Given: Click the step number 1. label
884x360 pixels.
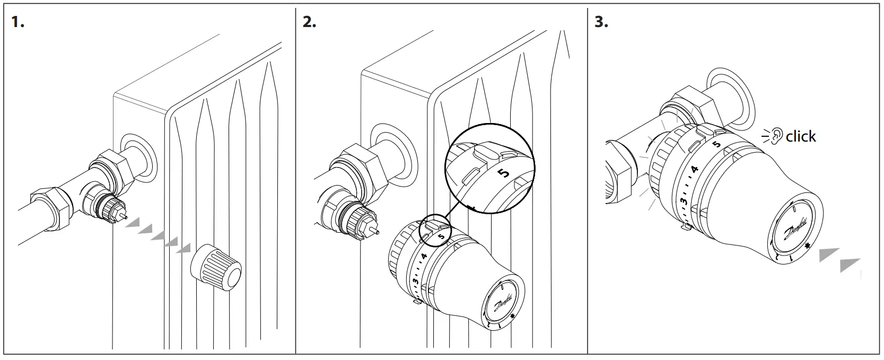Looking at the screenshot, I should (19, 22).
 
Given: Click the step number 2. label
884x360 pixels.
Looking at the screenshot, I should (309, 22).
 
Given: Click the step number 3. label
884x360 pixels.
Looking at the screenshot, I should (601, 22).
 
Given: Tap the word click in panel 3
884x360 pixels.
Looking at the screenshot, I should (801, 137).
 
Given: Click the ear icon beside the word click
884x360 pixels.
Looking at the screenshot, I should (776, 136).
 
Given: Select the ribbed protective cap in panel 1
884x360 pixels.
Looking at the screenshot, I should (216, 268).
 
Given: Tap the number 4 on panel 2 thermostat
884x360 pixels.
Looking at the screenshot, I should (423, 256).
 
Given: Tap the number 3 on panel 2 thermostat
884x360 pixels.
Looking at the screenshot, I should (415, 280).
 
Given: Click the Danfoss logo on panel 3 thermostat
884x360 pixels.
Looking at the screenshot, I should (790, 229).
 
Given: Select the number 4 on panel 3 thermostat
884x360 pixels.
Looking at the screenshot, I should (695, 170).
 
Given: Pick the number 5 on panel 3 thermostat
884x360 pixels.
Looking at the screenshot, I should (716, 144).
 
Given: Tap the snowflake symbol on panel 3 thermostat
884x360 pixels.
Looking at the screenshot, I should (808, 245).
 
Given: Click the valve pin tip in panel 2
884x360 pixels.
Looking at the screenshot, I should (377, 232).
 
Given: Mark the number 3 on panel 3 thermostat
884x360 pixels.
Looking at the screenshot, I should (685, 200).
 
